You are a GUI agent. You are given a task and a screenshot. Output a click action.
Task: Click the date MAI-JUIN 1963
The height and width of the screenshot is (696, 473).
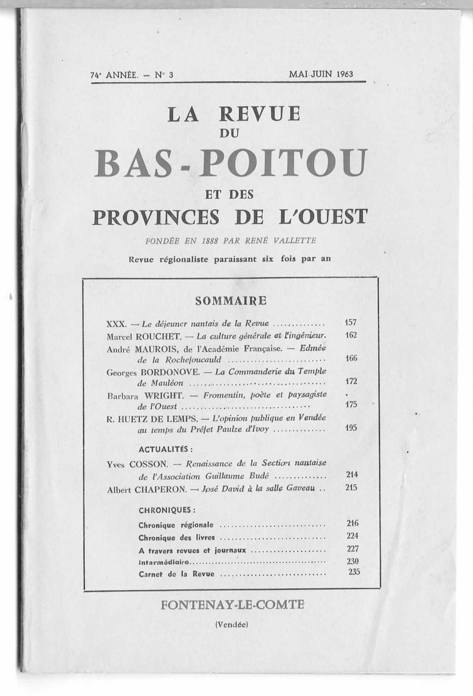(321, 74)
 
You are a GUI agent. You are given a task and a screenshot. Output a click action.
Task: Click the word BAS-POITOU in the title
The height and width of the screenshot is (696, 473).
(231, 163)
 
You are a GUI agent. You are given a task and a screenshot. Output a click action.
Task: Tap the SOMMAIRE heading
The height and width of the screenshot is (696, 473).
(231, 301)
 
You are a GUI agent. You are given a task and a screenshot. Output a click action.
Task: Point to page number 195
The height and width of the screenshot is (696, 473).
(351, 428)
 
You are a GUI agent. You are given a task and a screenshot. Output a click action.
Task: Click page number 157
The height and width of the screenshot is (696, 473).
(351, 323)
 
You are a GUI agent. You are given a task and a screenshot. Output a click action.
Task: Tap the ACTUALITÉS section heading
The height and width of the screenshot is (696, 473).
(166, 449)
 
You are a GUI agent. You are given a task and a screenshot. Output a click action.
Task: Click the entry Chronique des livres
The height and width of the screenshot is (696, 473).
(177, 538)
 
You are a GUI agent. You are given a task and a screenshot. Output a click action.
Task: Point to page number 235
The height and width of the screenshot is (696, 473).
(354, 572)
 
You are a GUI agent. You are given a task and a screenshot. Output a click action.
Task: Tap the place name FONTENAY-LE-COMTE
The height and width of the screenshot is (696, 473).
(233, 605)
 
